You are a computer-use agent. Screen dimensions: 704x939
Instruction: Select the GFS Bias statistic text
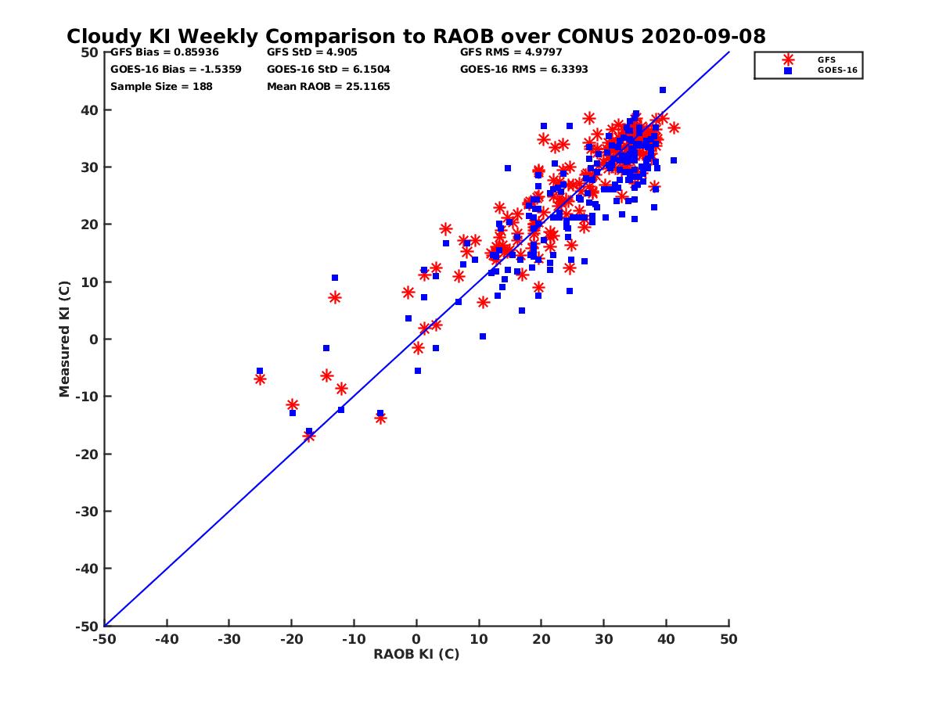(x=164, y=52)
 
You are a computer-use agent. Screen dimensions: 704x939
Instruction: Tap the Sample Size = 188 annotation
(x=161, y=86)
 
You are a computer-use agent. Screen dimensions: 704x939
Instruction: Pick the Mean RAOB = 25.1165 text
(x=329, y=86)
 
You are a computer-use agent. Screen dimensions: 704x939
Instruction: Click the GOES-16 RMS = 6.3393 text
(x=524, y=69)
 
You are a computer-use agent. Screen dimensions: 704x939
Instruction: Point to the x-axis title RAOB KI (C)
(x=416, y=654)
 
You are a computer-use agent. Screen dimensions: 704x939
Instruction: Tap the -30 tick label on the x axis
(x=228, y=639)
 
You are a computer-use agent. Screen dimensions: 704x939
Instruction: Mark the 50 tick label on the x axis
(x=729, y=639)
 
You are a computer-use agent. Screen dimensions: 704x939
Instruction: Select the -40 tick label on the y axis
(x=86, y=569)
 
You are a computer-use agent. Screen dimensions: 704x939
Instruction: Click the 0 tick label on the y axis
(x=93, y=339)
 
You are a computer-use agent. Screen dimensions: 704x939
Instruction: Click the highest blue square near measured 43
(x=663, y=90)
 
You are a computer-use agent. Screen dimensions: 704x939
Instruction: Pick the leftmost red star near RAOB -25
(x=260, y=379)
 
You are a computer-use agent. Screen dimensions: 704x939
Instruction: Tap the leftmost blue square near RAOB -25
(x=260, y=371)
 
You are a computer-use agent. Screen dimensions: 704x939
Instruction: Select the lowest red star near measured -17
(x=309, y=436)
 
